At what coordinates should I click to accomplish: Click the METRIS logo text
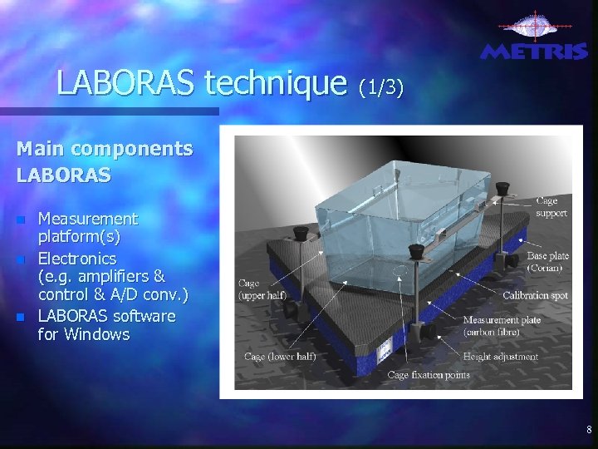click(534, 52)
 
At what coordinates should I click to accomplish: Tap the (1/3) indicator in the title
click(380, 86)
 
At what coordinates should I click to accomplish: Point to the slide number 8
click(589, 430)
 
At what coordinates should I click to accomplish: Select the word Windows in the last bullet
click(98, 334)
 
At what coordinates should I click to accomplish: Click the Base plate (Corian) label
click(548, 262)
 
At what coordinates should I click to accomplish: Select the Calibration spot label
click(537, 294)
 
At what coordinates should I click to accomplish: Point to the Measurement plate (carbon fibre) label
click(502, 326)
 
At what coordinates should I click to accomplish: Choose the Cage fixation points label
click(429, 374)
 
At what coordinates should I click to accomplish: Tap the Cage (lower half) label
click(280, 356)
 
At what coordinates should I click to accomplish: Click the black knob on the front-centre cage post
click(416, 250)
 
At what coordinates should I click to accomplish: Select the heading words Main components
click(105, 149)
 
